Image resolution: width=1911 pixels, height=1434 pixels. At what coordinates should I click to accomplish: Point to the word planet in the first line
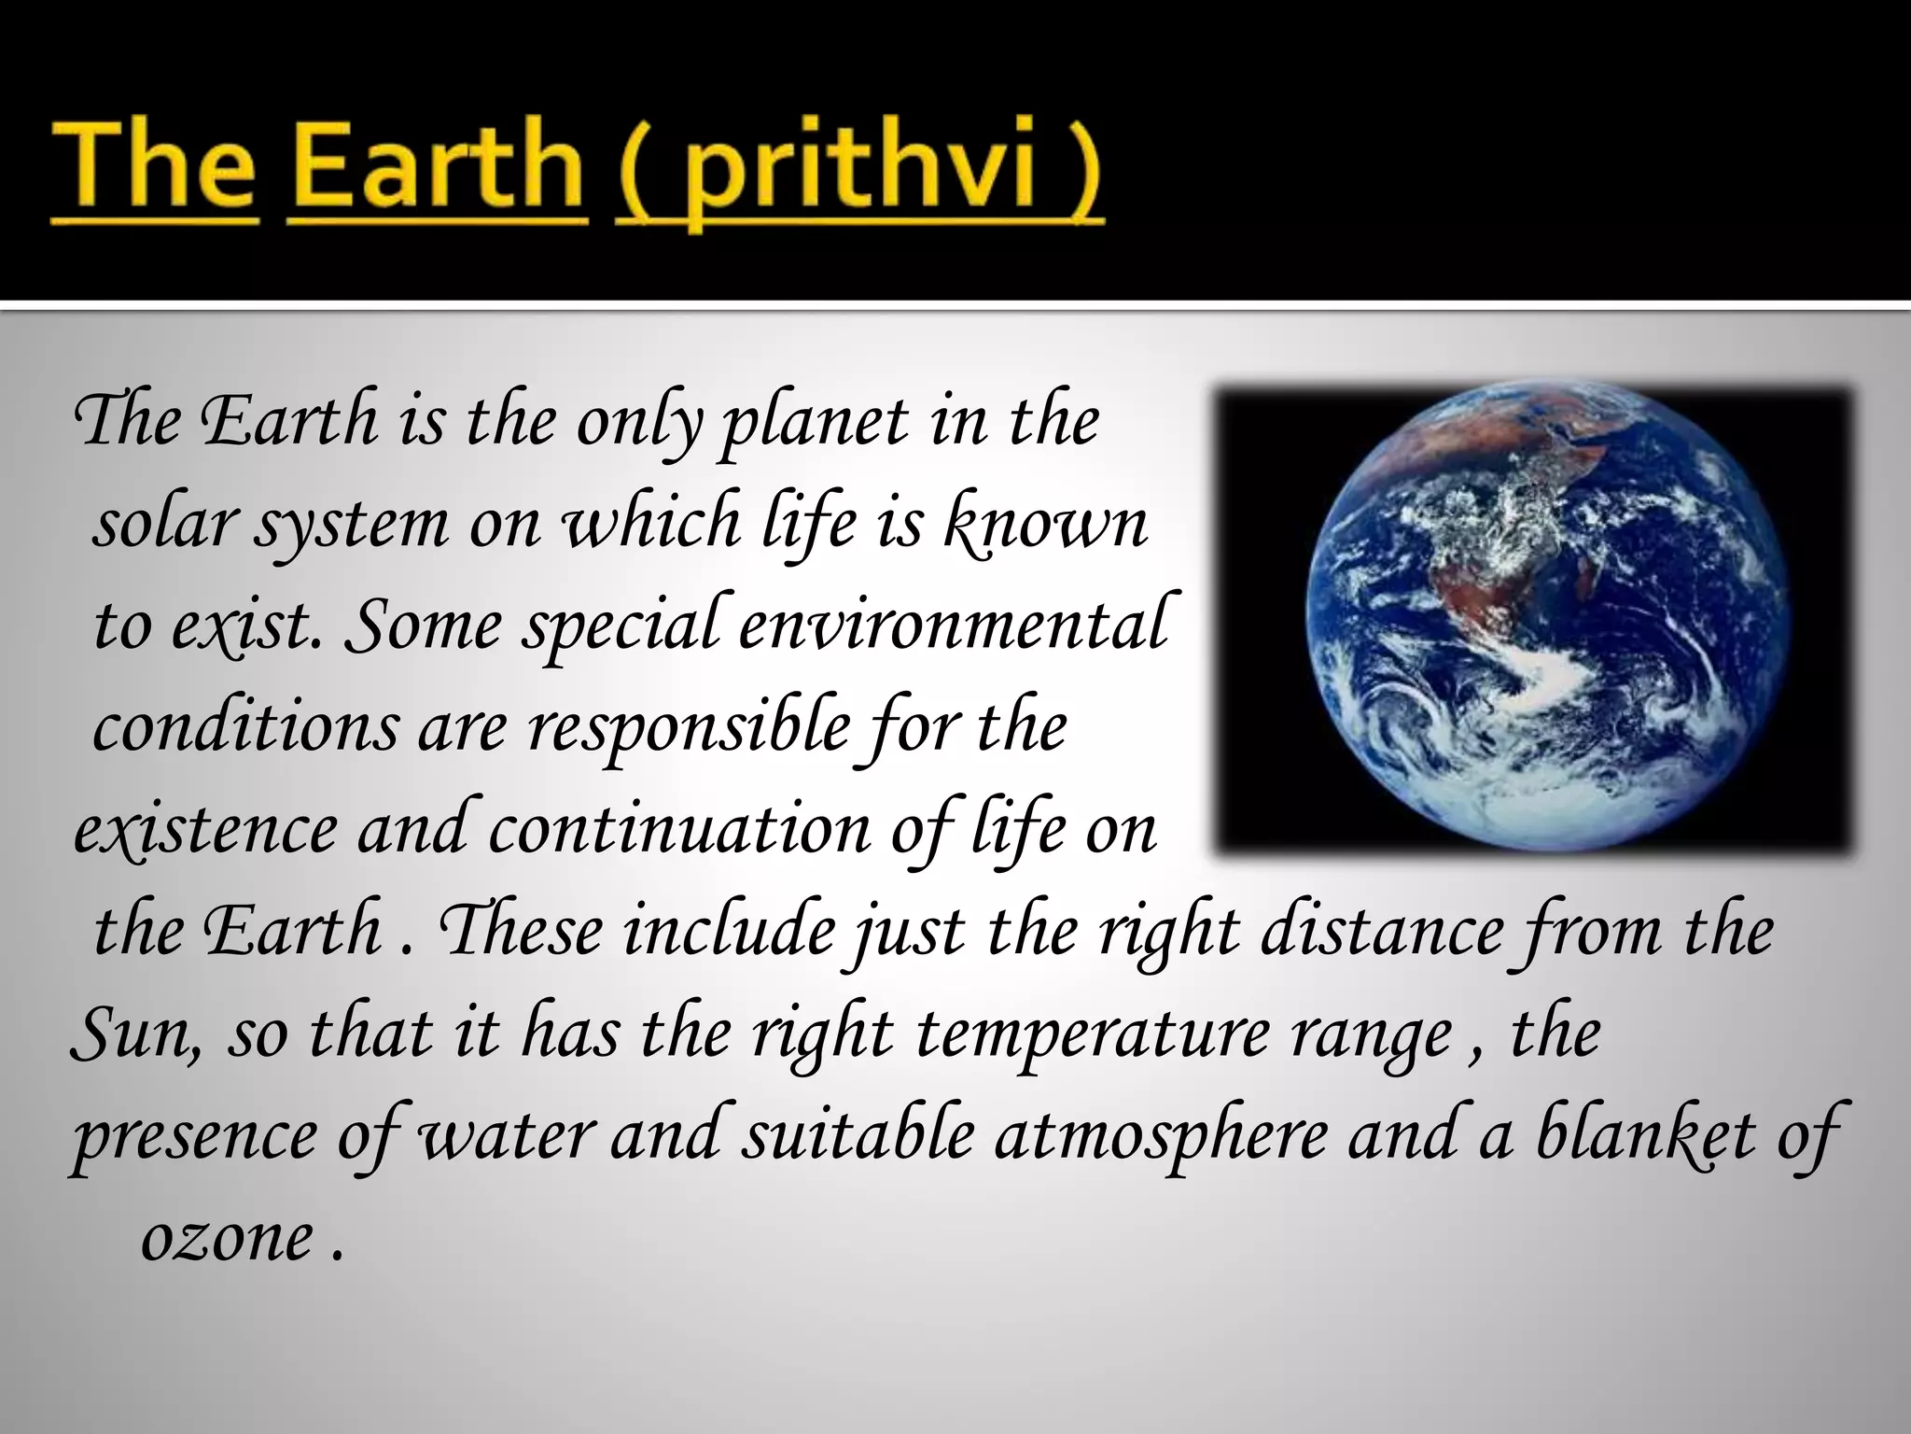click(x=816, y=422)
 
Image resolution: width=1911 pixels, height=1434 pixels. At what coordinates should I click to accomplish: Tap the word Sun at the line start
click(x=134, y=1033)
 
